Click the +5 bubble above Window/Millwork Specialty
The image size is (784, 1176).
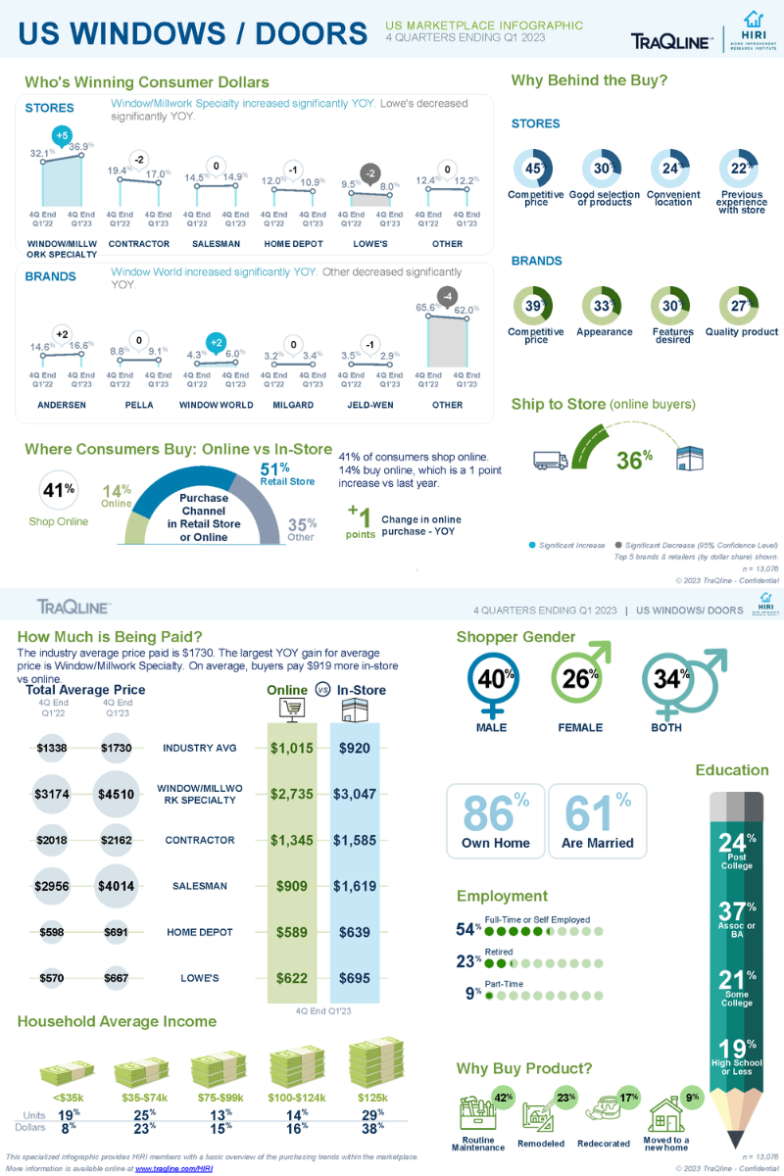(62, 135)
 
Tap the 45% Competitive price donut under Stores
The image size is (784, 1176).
(535, 169)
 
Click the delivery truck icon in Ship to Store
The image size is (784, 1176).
(552, 459)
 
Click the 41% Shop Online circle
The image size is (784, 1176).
(58, 490)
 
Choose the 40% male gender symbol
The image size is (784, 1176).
(490, 678)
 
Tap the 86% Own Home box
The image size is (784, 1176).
(495, 821)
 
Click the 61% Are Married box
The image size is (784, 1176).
(597, 821)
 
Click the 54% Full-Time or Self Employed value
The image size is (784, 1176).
(468, 928)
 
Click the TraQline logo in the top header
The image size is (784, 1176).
(670, 40)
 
